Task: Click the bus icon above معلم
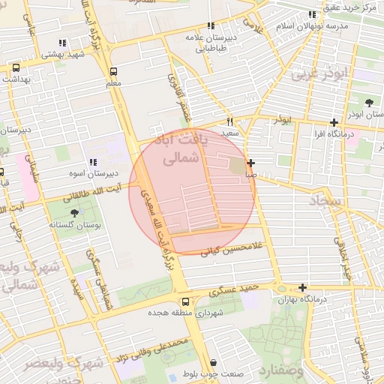[113, 72]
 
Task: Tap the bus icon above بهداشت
[16, 67]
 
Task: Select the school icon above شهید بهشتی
[61, 43]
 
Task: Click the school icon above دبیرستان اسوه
[92, 162]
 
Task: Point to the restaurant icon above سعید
[230, 121]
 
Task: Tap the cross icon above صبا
[250, 163]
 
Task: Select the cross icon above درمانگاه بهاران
[302, 287]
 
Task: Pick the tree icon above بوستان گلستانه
[73, 214]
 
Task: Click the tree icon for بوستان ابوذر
[368, 103]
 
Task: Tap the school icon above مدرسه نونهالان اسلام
[312, 14]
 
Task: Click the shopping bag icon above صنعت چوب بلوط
[213, 363]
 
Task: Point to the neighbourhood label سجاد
[325, 201]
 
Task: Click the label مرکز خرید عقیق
[353, 7]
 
